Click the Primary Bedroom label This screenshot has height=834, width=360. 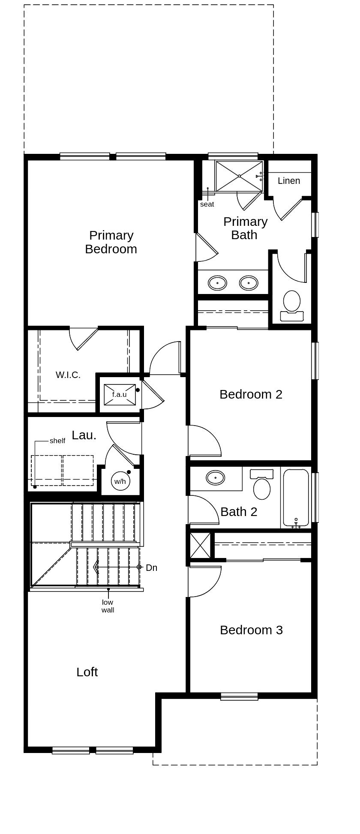[111, 242]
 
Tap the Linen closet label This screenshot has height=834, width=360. [288, 181]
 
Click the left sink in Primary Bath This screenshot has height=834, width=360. [217, 283]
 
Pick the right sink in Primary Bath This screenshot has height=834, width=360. [249, 283]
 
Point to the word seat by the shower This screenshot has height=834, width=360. [207, 204]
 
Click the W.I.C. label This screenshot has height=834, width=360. [68, 375]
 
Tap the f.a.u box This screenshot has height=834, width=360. [120, 395]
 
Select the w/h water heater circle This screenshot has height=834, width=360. [120, 481]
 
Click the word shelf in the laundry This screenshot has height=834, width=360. [57, 441]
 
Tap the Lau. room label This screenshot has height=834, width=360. [84, 435]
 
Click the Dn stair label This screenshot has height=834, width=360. [151, 568]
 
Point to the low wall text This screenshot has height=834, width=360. [108, 606]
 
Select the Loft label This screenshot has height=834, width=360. [87, 672]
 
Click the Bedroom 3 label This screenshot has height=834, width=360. [251, 630]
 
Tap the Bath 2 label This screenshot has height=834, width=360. [239, 512]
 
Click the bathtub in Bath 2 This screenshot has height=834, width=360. [296, 497]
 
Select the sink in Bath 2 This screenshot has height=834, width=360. [215, 477]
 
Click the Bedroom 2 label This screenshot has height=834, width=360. [251, 394]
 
